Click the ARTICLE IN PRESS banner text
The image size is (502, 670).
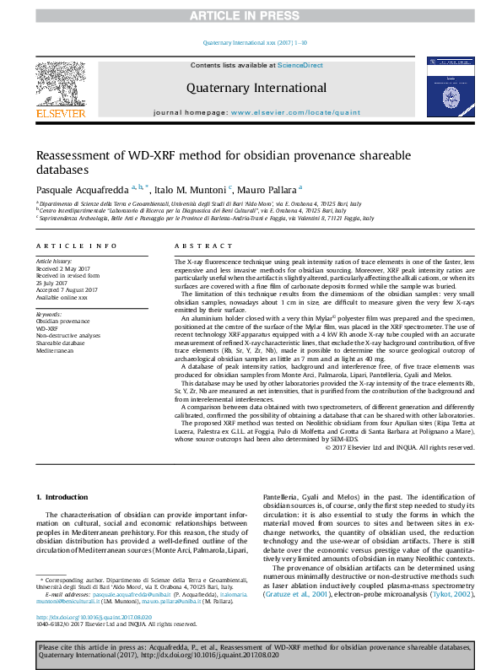coord(251,15)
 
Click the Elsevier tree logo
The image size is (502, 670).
coord(60,84)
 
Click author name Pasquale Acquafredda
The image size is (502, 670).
coord(81,189)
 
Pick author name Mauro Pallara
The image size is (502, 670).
coord(265,189)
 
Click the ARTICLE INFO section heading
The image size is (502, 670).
coord(76,246)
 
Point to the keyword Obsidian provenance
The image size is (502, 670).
coord(64,321)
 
